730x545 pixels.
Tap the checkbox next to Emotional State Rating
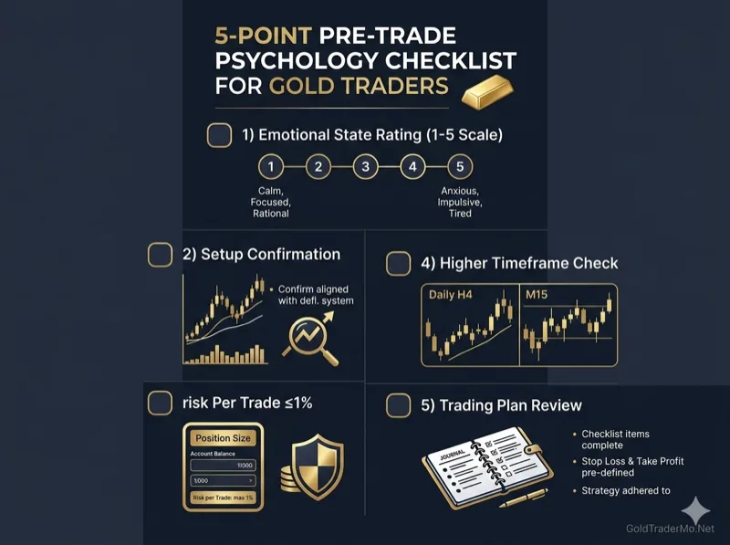click(220, 135)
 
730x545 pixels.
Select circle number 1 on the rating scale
click(270, 167)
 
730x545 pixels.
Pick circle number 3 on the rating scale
click(365, 167)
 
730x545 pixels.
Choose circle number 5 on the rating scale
click(460, 167)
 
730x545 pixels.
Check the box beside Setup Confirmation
click(160, 254)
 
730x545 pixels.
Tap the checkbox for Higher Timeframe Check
click(398, 264)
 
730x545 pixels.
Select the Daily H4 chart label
click(456, 295)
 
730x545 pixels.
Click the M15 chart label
click(538, 295)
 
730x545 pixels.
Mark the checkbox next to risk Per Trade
click(160, 404)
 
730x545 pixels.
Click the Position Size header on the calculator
click(223, 438)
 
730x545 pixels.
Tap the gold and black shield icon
click(316, 466)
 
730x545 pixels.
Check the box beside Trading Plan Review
click(398, 404)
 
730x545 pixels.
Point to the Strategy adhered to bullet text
click(626, 490)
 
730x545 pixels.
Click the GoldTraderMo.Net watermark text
click(670, 529)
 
